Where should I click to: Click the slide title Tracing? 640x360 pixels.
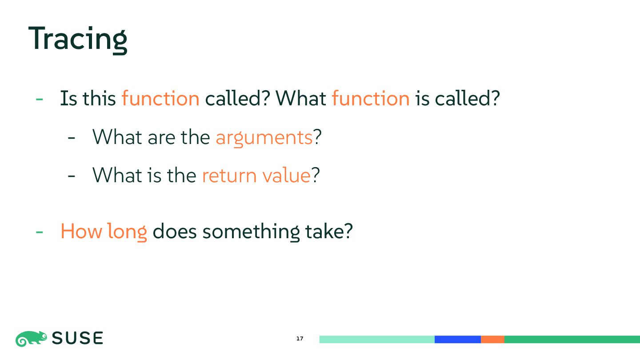coord(78,40)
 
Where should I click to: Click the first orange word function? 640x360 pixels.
coord(160,98)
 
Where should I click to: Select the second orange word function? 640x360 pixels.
coord(371,98)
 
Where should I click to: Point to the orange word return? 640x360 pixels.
coord(229,176)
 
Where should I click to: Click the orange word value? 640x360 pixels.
coord(286,175)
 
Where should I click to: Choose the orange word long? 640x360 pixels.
coord(127,232)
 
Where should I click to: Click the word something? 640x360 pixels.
coord(251,232)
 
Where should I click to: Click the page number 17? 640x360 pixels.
coord(300,339)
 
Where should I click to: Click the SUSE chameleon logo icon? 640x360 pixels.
coord(31,339)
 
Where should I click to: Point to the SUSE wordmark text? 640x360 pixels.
coord(77,338)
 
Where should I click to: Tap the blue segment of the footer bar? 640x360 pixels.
coord(458,340)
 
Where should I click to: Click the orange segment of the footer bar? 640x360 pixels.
coord(492,340)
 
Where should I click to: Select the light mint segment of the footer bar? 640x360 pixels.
coord(377,340)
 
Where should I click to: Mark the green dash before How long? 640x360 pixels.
coord(40,232)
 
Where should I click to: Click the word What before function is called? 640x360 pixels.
coord(300,98)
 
